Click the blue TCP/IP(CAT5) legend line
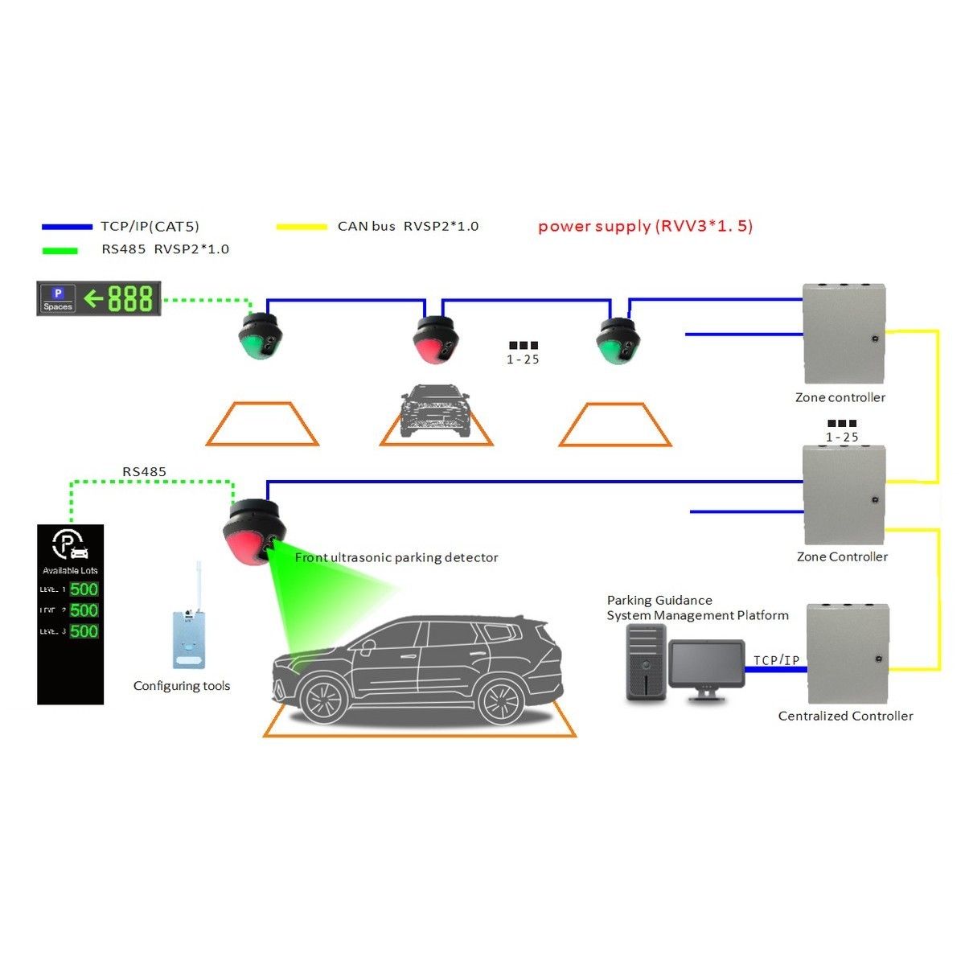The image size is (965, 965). pyautogui.click(x=68, y=228)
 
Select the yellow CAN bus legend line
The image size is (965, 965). pyautogui.click(x=302, y=228)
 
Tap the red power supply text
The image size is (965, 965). pyautogui.click(x=645, y=226)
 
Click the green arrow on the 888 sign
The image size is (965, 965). pyautogui.click(x=94, y=299)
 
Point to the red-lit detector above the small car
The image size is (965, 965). pyautogui.click(x=435, y=341)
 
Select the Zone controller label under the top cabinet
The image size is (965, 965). pyautogui.click(x=840, y=397)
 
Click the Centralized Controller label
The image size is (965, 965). pyautogui.click(x=845, y=716)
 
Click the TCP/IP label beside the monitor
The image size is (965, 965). pyautogui.click(x=776, y=660)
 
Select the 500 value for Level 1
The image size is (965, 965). pyautogui.click(x=84, y=589)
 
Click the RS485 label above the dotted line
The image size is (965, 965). pyautogui.click(x=145, y=471)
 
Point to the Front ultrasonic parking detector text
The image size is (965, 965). pyautogui.click(x=396, y=557)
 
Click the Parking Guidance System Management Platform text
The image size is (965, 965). pyautogui.click(x=697, y=608)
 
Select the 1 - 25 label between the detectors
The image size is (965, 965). pyautogui.click(x=523, y=359)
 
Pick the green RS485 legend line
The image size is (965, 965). pyautogui.click(x=60, y=250)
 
